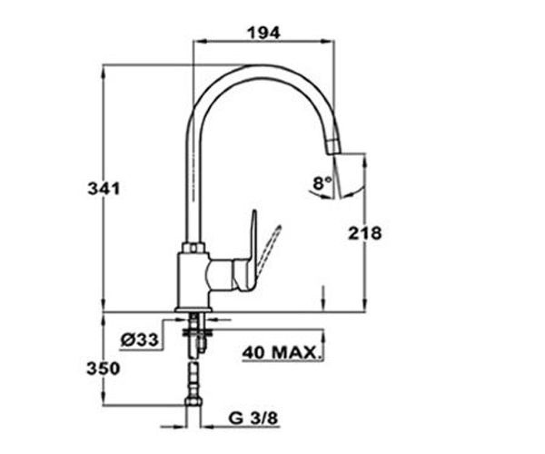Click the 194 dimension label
coord(263,33)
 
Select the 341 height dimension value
coord(104,189)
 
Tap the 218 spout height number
coord(365,233)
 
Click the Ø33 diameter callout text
coord(139,340)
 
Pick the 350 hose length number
coord(103,369)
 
